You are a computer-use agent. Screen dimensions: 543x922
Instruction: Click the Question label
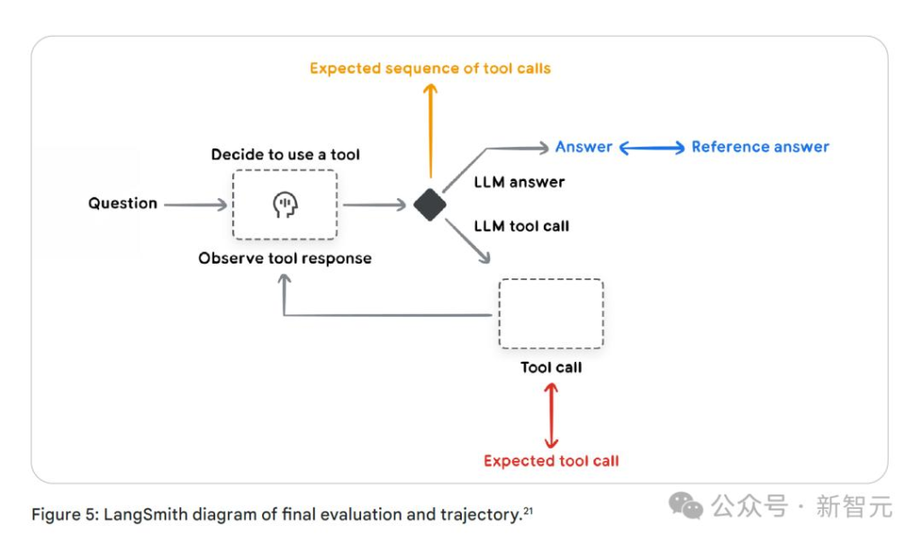pos(122,204)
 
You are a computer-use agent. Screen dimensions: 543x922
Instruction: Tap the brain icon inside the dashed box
pos(285,205)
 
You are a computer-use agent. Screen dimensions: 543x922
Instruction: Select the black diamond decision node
pos(430,204)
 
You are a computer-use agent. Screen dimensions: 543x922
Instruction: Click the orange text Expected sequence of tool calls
pos(430,68)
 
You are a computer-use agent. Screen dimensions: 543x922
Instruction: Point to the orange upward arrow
pos(430,126)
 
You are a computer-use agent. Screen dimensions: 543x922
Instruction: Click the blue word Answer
pos(583,147)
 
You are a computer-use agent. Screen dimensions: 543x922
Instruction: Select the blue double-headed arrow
pos(652,148)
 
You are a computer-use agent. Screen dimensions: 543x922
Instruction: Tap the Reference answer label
pos(760,147)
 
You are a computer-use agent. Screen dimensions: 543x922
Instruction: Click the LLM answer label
pos(520,182)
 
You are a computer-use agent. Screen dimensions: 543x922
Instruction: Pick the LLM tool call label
pos(521,226)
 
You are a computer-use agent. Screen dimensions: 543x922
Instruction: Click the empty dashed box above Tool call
pos(551,313)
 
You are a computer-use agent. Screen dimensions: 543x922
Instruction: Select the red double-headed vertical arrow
pos(551,414)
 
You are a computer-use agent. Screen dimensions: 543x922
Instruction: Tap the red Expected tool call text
pos(551,461)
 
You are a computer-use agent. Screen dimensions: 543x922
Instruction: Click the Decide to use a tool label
pos(285,155)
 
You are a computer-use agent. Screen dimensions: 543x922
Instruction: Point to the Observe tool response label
pos(285,258)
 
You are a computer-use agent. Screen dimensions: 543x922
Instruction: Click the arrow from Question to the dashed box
pos(195,205)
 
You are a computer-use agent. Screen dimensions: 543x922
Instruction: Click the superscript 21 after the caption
pos(529,511)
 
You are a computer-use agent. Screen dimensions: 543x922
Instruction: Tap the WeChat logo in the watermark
pos(686,506)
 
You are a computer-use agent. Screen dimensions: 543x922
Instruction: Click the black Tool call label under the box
pos(551,367)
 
